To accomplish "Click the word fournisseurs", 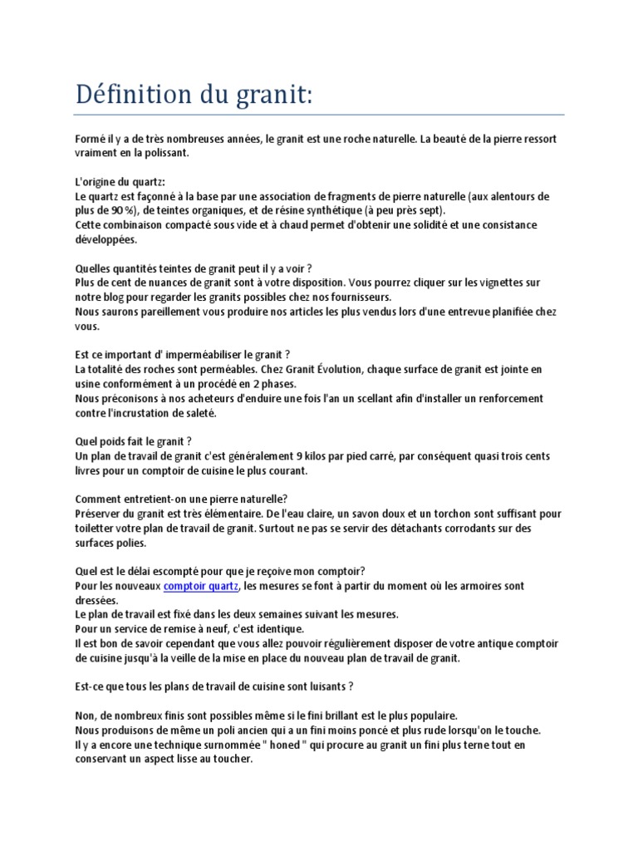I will coord(351,297).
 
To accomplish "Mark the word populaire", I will coord(424,715).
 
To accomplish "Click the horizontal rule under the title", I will coord(319,115).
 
